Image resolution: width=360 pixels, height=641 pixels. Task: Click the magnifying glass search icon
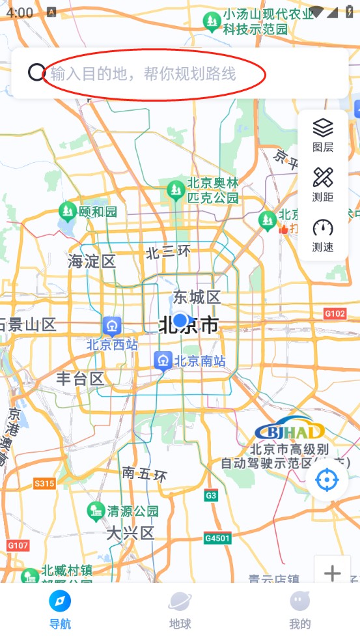36,72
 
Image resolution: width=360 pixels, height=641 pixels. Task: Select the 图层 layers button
323,134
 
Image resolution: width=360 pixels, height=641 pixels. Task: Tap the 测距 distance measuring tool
323,184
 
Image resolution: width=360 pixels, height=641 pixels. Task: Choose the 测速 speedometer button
323,235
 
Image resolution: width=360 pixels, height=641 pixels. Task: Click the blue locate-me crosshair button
327,480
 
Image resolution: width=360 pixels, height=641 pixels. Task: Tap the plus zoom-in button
333,573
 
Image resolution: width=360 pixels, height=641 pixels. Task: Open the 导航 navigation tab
60,610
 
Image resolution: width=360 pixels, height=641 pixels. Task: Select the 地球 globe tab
180,610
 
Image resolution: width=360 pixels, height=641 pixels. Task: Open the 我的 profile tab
300,610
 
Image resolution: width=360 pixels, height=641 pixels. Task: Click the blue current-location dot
180,320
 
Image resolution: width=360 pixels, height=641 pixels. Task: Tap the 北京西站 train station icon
112,325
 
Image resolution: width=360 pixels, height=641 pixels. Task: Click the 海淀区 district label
92,262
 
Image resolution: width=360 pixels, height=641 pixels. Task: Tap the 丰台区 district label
80,379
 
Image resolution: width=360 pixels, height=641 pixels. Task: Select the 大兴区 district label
130,534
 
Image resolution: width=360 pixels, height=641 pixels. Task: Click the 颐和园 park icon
68,211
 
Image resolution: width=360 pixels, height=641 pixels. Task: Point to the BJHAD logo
290,429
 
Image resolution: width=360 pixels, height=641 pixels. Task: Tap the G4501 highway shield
217,538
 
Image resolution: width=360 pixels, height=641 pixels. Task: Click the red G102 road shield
335,314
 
